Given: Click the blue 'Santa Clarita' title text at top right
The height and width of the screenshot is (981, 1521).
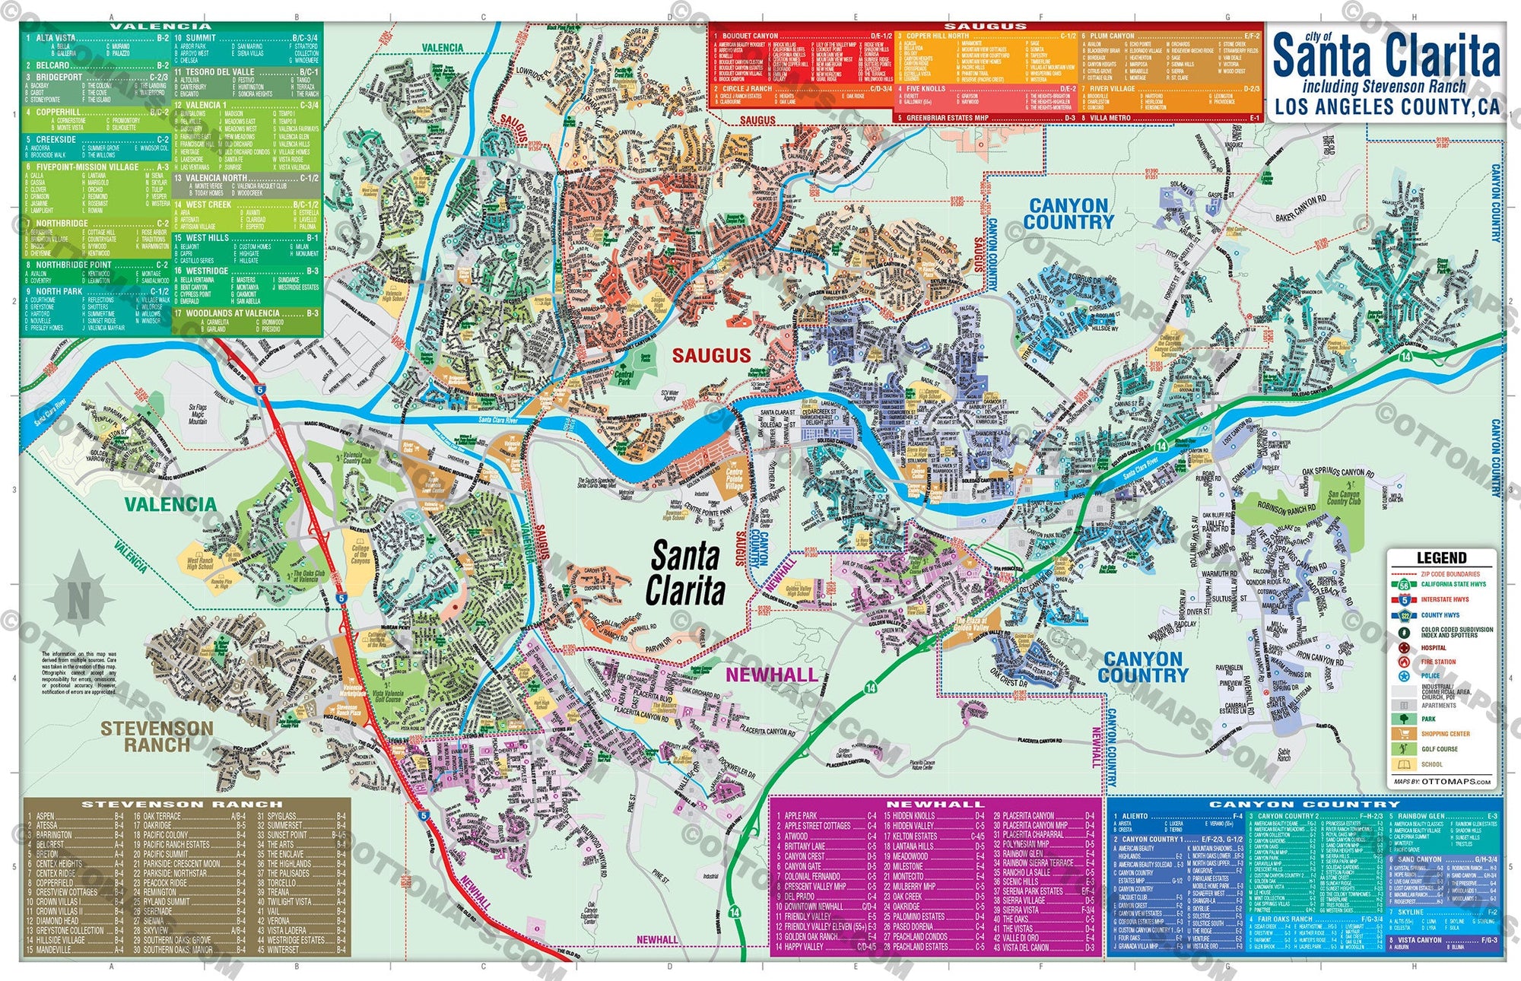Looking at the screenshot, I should click(1386, 56).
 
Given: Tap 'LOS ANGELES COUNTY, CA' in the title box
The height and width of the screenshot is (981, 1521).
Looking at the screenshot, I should click(1386, 107).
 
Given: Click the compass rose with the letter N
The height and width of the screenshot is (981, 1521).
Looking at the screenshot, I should click(78, 596).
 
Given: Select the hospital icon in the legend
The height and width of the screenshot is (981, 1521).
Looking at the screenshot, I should click(1404, 648).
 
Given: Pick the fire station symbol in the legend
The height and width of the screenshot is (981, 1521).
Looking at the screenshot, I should click(1404, 662).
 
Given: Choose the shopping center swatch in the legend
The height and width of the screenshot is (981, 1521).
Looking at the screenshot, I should click(1404, 734).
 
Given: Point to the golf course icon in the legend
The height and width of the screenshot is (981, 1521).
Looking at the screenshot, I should click(1404, 749).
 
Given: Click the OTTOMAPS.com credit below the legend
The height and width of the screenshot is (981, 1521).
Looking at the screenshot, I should click(1442, 781).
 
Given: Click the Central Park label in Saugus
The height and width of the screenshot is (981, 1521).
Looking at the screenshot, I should click(624, 378).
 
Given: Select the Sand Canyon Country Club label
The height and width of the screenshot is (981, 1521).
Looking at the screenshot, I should click(1343, 497).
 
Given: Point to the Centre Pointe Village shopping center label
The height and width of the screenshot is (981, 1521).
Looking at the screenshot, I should click(734, 478).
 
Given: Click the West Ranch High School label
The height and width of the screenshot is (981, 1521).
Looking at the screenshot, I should click(200, 563).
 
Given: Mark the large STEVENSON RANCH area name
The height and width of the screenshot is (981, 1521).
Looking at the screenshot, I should click(157, 736).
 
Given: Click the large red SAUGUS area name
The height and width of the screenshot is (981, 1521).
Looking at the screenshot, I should click(711, 355).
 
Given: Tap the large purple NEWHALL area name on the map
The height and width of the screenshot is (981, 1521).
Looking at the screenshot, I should click(771, 675).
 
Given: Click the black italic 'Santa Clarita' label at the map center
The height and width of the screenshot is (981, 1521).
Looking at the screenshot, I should click(685, 574).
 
